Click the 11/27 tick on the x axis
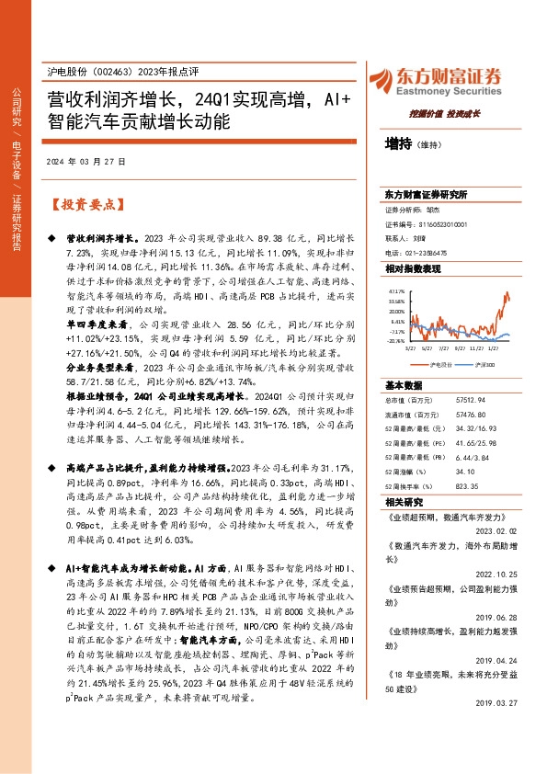(476, 349)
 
